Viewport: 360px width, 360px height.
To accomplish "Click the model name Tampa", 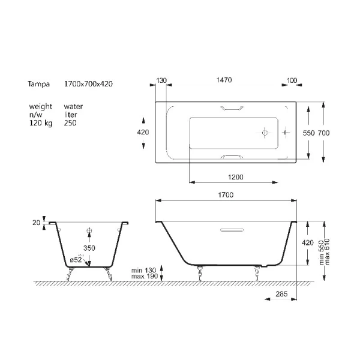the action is click(x=38, y=84).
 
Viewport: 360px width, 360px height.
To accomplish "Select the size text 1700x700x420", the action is click(x=88, y=84).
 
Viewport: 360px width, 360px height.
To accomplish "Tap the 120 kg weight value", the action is click(x=41, y=123).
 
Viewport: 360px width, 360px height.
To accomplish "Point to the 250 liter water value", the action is click(x=70, y=123).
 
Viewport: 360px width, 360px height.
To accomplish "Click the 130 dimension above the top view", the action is click(x=161, y=80).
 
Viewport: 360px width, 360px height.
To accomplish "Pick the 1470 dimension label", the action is click(x=224, y=80).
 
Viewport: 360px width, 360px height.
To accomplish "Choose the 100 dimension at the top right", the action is click(x=292, y=80).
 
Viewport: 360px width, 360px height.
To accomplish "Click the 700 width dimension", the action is click(x=324, y=133).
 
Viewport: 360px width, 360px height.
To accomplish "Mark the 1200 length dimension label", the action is click(x=236, y=177).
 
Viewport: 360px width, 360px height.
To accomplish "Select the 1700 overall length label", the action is click(x=226, y=194).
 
